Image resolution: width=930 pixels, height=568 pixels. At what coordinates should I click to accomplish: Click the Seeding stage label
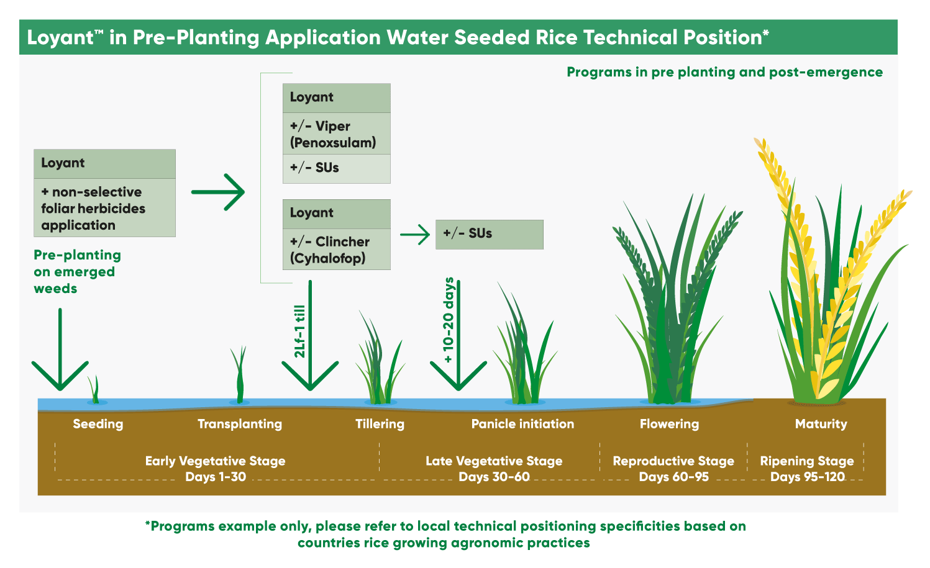click(x=98, y=424)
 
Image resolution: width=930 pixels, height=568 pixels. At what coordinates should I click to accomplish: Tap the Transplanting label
click(x=240, y=424)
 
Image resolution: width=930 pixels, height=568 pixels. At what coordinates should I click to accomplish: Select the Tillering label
click(x=380, y=424)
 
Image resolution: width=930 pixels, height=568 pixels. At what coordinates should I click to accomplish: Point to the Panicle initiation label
click(x=522, y=424)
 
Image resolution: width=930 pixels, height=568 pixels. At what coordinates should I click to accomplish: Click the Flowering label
click(x=669, y=424)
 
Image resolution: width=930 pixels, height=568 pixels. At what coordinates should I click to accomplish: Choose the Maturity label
click(x=821, y=424)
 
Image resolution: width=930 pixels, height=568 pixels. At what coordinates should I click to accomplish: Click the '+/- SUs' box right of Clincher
click(x=489, y=234)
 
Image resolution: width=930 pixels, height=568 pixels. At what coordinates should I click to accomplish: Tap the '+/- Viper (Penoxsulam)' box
click(x=336, y=134)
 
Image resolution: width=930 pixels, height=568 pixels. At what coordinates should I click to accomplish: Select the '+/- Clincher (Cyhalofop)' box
click(x=336, y=250)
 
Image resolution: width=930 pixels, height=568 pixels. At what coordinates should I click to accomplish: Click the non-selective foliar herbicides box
click(x=104, y=208)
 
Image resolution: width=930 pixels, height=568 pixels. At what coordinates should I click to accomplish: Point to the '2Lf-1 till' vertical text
click(x=299, y=331)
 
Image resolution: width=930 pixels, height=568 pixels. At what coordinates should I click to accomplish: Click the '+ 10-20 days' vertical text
click(x=449, y=320)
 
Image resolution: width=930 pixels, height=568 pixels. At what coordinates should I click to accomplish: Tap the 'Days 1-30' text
click(x=216, y=477)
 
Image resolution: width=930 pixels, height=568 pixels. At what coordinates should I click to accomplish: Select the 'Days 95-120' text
click(x=807, y=477)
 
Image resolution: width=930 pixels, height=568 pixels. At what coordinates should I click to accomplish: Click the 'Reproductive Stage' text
click(x=673, y=461)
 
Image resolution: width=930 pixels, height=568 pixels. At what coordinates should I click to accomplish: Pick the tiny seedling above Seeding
click(x=94, y=390)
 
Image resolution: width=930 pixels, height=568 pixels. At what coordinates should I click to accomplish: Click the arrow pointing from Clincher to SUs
click(x=415, y=235)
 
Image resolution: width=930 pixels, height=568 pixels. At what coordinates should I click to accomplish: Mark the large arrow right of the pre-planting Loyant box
click(x=218, y=192)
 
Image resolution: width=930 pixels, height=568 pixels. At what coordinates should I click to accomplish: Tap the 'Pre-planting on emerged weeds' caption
click(x=77, y=272)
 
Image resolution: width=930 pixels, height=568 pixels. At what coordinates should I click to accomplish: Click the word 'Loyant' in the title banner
click(x=60, y=38)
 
